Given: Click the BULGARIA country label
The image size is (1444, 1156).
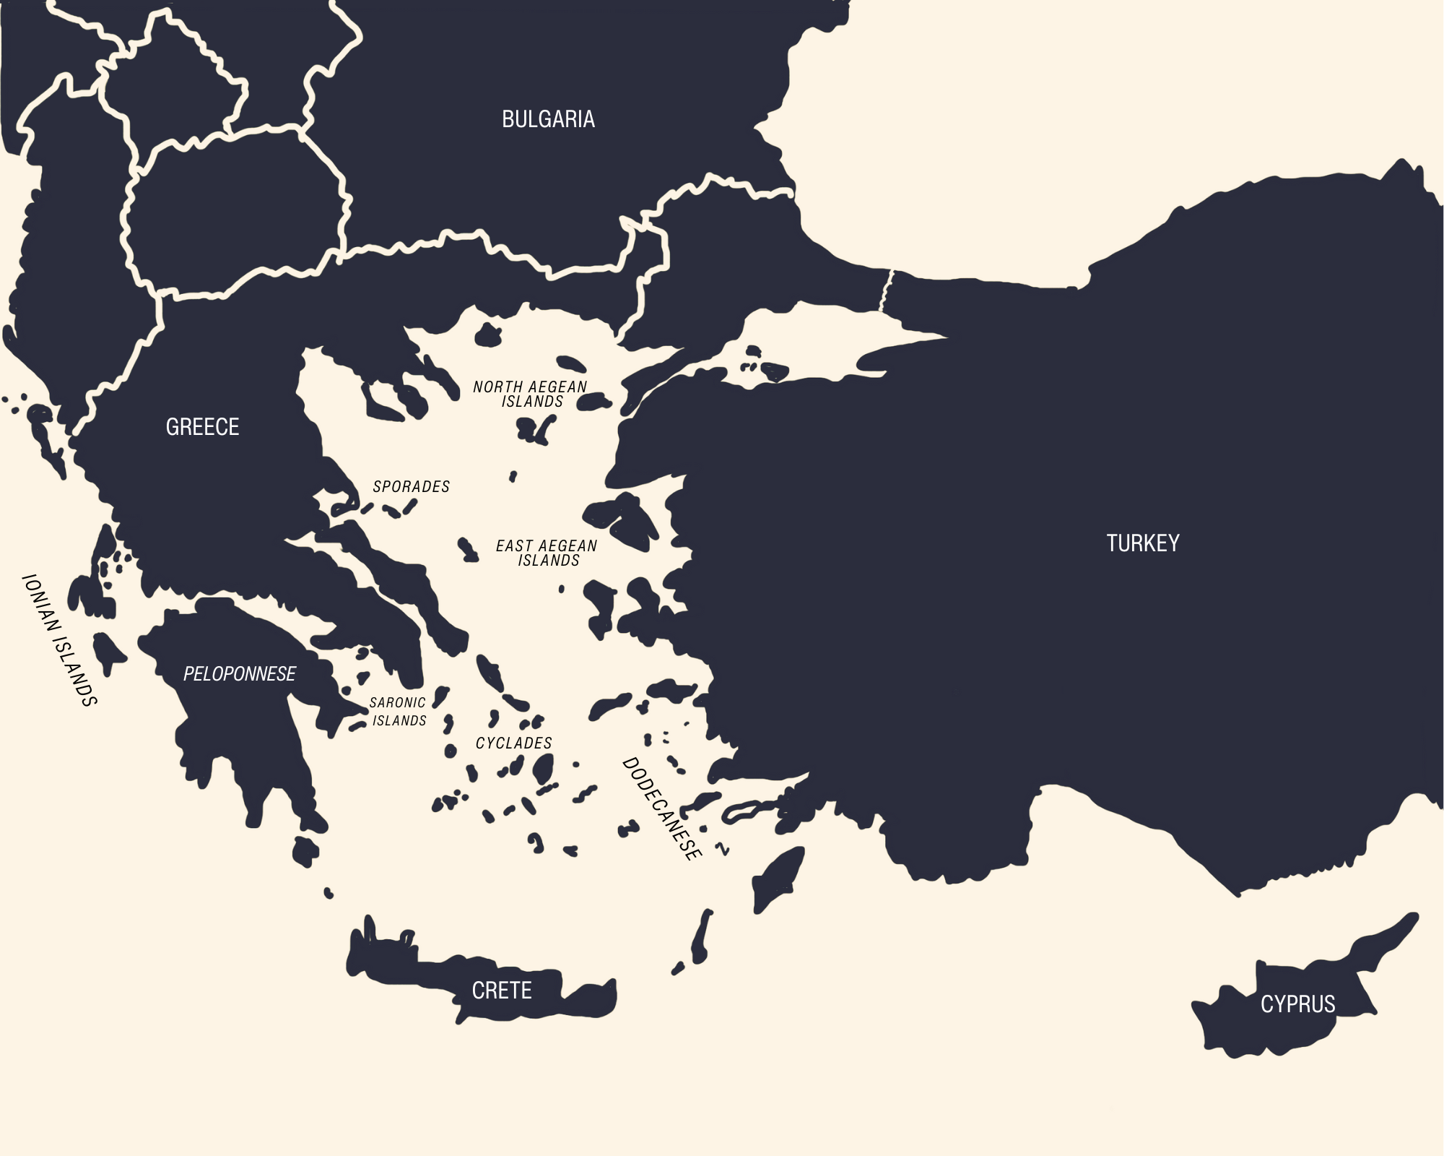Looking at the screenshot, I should point(548,119).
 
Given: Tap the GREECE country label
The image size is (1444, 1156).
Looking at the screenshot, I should point(202,427).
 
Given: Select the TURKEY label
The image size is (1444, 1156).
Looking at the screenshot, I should point(1143,543).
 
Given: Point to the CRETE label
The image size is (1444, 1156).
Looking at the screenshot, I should point(502,991).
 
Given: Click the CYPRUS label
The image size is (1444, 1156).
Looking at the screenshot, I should point(1297,1004).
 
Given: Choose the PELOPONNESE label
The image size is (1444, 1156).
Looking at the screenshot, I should point(239,674).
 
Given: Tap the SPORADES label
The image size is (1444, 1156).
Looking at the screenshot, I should point(411,487).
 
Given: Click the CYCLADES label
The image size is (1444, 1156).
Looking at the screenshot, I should point(513,743).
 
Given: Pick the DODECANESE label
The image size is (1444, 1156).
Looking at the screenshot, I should point(661,809).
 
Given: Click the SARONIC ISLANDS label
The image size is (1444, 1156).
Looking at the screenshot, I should point(398,712).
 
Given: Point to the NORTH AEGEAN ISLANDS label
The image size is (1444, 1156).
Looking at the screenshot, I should point(531,394).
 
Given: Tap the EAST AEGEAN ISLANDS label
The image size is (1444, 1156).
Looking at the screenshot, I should point(547,553).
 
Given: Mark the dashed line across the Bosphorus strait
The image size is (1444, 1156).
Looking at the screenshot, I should point(887,290).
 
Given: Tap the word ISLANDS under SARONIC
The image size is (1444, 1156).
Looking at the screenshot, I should point(399,721).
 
